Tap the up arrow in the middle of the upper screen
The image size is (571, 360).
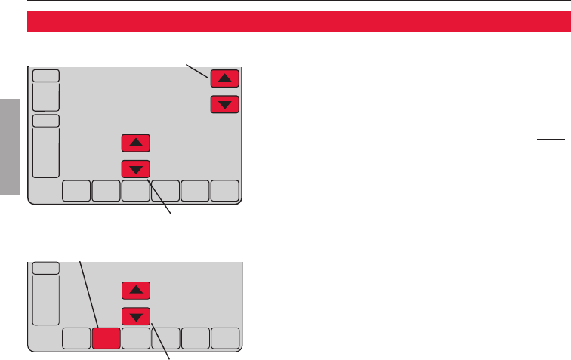(x=136, y=142)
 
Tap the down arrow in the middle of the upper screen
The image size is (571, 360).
(x=136, y=168)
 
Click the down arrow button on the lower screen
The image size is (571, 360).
(x=136, y=315)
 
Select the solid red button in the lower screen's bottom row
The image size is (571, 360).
(x=106, y=339)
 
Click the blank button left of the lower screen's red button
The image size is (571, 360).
(x=76, y=339)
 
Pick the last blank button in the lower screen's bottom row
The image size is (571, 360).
(x=225, y=339)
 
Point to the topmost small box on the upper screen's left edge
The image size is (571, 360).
(x=45, y=75)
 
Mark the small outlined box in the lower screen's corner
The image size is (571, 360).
(x=45, y=267)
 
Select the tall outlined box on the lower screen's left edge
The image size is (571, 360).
(x=45, y=300)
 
